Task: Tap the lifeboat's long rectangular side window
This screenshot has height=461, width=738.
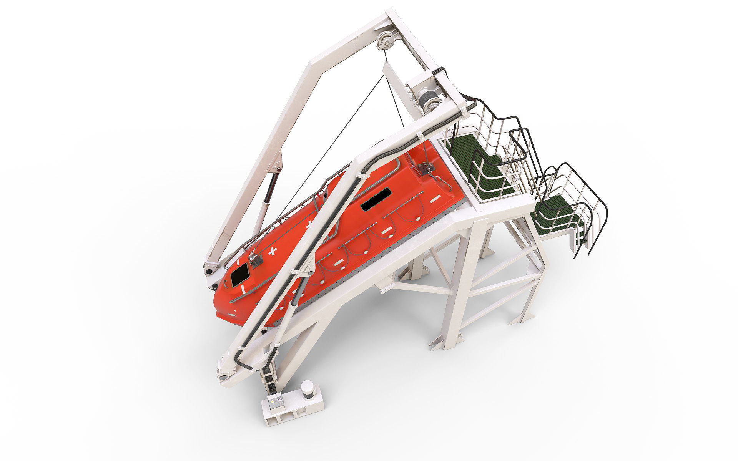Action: point(376,199)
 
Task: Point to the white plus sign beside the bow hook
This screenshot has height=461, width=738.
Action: point(273,252)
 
